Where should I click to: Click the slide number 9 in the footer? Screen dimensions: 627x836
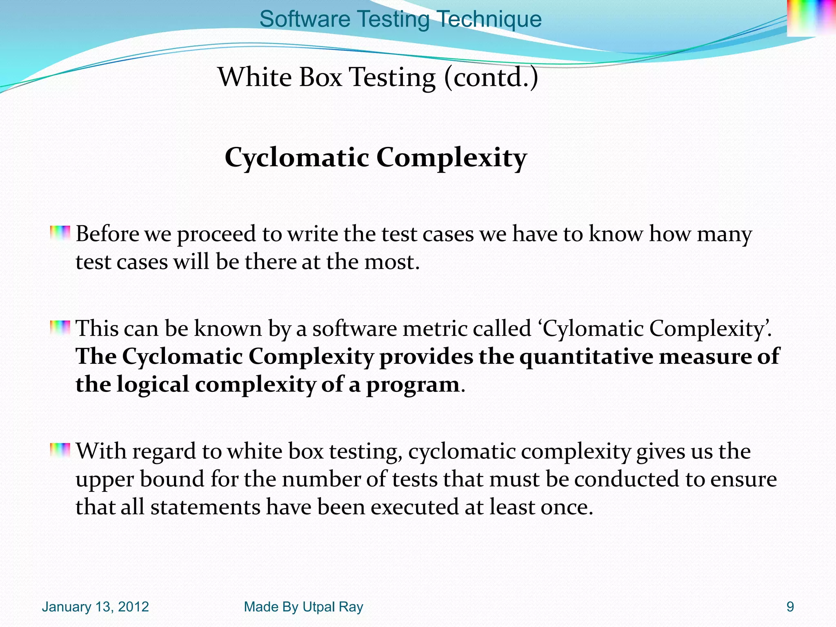pos(790,607)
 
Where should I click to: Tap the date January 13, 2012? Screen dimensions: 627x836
pos(95,607)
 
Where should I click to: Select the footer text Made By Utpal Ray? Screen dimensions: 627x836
pos(303,607)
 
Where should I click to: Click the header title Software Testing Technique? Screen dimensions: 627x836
pos(400,19)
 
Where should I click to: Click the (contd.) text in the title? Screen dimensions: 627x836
pos(491,77)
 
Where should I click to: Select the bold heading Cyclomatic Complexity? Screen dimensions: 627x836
pos(376,158)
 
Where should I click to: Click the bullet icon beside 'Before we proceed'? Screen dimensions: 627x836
pos(60,233)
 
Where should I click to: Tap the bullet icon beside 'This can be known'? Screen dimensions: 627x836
pos(60,328)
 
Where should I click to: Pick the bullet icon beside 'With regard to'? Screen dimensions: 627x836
pos(60,450)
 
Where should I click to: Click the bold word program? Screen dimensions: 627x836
pos(413,385)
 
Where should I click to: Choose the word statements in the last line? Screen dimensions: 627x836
pos(205,507)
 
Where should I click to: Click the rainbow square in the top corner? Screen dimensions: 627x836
pos(811,17)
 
